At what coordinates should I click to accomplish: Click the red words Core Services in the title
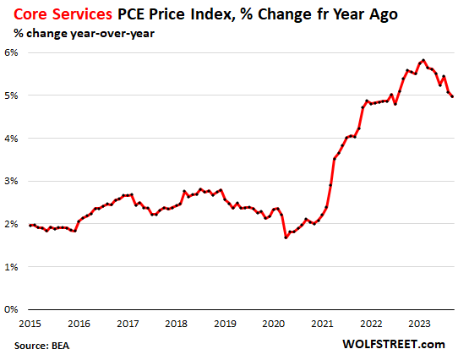62,14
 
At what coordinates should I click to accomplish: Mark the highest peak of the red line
423,60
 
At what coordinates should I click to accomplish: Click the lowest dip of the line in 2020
286,237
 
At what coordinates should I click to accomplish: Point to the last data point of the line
452,96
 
